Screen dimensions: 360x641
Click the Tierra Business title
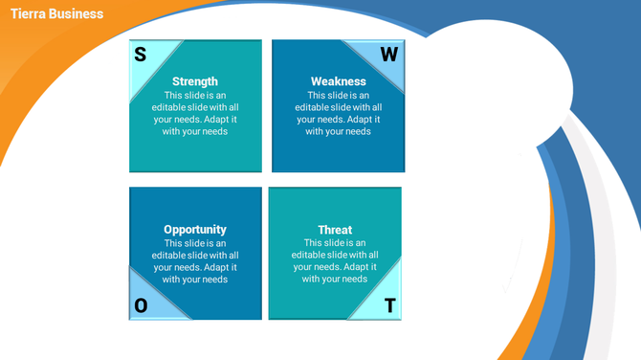pos(56,13)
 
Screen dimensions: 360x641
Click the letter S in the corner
pos(141,55)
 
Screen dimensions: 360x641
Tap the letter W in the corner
pos(388,55)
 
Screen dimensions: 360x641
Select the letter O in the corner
pos(141,305)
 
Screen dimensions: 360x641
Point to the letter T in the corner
pos(389,306)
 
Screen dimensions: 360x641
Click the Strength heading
pos(195,81)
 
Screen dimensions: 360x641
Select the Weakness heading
pos(339,81)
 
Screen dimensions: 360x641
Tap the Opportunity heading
pos(195,230)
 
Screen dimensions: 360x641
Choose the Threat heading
pos(335,230)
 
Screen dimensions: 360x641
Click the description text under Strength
pos(195,113)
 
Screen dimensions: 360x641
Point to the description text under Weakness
pos(339,113)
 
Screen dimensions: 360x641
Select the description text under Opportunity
pos(195,261)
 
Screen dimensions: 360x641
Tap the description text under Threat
pos(335,261)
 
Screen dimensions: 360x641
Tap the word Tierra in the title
pos(29,13)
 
